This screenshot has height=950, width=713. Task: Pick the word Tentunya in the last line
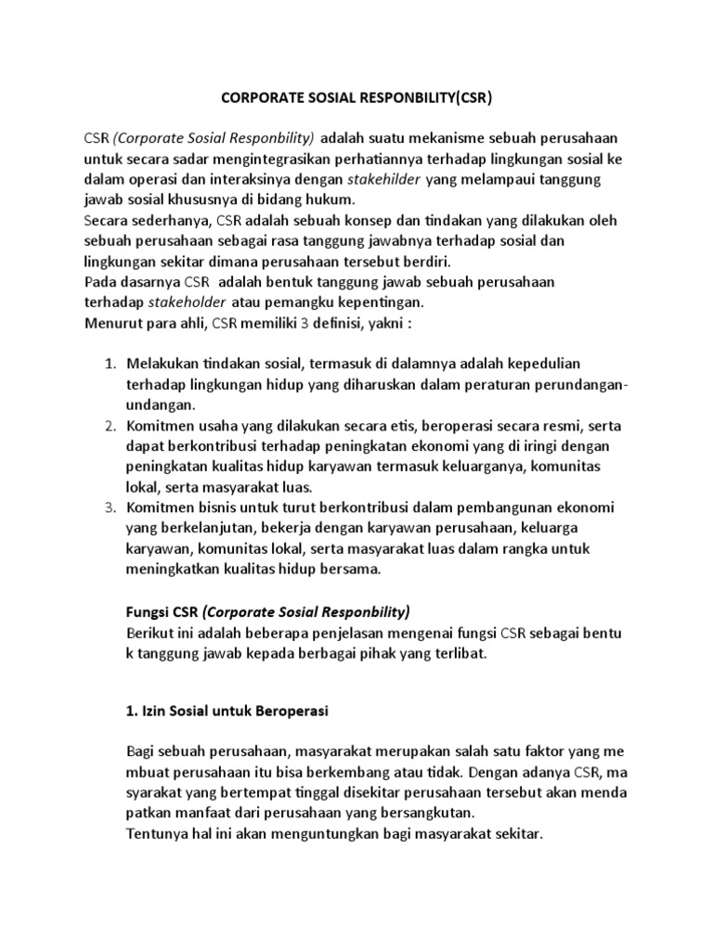point(155,833)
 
